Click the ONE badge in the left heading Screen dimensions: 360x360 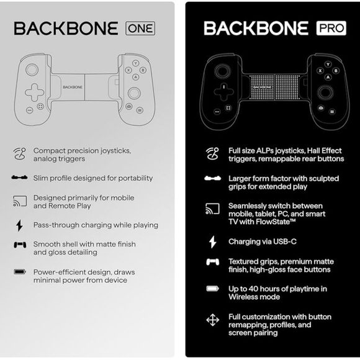coord(140,28)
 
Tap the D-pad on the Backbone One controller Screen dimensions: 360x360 coord(34,92)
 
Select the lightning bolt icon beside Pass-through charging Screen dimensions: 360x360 coord(19,225)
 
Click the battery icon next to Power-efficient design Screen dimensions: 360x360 coord(20,272)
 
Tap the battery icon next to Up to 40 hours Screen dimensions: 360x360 coord(213,289)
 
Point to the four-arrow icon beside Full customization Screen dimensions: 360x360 coord(213,320)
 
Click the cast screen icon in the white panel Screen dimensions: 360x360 coord(20,201)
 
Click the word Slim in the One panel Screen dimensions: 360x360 coord(42,178)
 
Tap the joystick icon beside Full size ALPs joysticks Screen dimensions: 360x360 coord(213,153)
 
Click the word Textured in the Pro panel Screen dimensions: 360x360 coord(243,261)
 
